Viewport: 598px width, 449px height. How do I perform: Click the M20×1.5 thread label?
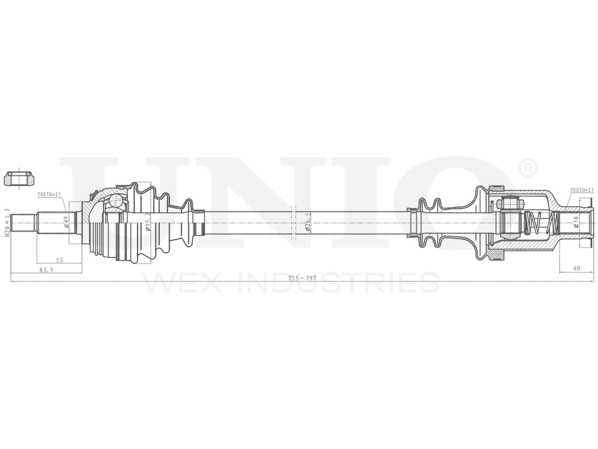(x=8, y=222)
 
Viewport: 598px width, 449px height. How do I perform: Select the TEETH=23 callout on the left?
(x=50, y=195)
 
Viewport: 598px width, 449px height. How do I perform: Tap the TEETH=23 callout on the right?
(x=582, y=190)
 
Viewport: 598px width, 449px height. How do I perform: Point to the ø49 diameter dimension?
(x=66, y=223)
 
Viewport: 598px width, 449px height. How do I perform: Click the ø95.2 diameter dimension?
(x=147, y=223)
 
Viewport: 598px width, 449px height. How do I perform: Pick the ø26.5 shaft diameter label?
(x=308, y=223)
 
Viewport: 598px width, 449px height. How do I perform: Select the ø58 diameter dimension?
(x=575, y=223)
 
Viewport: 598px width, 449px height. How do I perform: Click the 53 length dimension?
(x=59, y=260)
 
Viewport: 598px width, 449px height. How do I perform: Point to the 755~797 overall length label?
(x=302, y=278)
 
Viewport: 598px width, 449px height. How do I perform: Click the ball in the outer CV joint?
(x=115, y=201)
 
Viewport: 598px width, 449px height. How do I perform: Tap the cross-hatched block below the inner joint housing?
(x=495, y=256)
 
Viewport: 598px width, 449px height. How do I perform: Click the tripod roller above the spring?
(x=509, y=204)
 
